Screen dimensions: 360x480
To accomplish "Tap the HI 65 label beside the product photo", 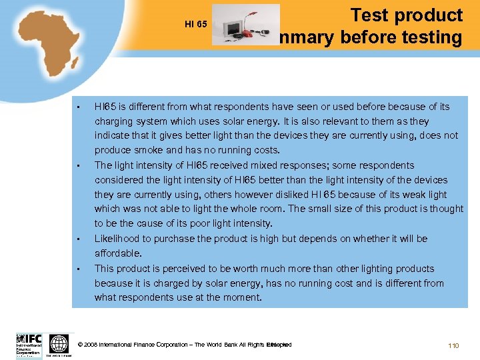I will click(x=196, y=25).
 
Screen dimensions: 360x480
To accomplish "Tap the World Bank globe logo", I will click(x=59, y=343).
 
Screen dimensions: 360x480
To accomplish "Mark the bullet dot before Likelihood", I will click(x=79, y=239).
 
